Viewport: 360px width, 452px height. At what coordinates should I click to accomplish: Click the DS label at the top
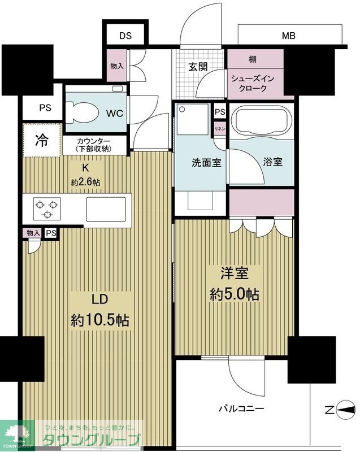click(125, 36)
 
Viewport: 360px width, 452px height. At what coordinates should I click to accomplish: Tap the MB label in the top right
click(289, 36)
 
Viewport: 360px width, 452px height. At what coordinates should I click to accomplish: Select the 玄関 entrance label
click(198, 67)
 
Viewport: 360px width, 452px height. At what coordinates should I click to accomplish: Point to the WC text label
click(115, 112)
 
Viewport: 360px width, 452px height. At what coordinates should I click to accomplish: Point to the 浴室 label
click(272, 162)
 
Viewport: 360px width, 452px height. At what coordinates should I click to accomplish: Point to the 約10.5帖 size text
click(99, 320)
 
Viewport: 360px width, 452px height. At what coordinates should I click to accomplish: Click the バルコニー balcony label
click(242, 408)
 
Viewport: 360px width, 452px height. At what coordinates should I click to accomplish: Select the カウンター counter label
click(93, 141)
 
